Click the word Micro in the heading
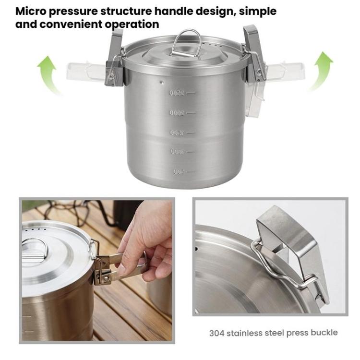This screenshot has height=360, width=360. point(30,11)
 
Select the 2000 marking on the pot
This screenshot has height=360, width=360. point(178,113)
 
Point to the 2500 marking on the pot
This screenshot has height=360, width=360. point(178,93)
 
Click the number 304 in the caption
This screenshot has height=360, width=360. point(217,332)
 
